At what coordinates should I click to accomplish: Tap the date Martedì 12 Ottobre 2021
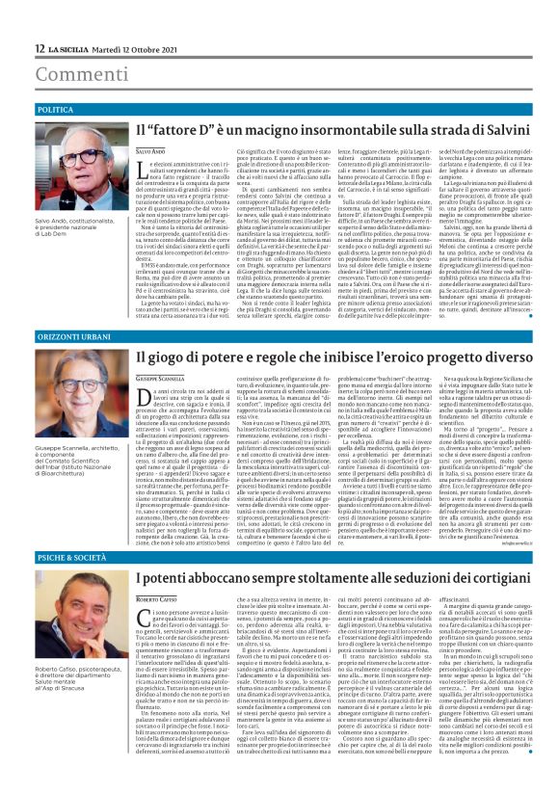click(131, 47)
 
